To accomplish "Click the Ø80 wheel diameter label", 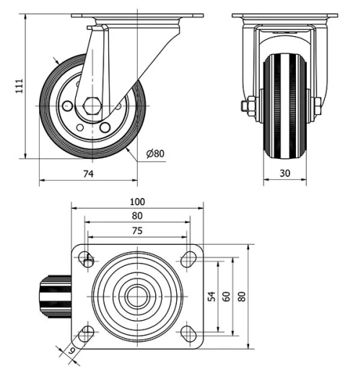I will (155, 153).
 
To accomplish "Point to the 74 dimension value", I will (88, 174).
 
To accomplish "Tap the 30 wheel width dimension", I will (284, 174).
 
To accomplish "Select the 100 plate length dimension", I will (138, 202).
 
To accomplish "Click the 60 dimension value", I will (226, 296).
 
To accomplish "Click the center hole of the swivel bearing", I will (136, 296).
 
